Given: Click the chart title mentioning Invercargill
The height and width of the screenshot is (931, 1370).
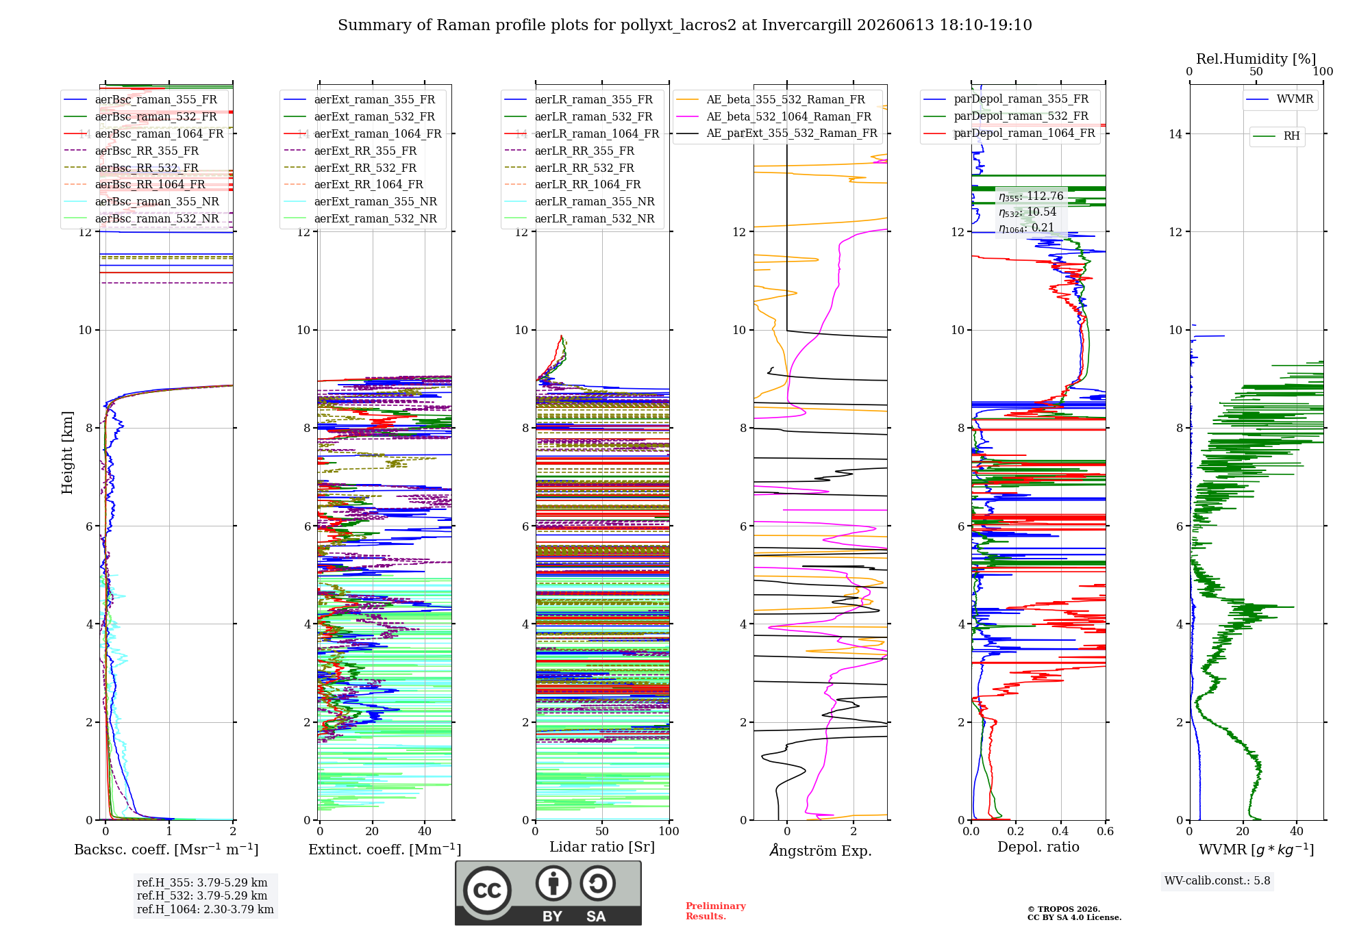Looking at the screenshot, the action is tap(685, 25).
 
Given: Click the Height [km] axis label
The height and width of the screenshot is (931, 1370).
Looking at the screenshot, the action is tap(67, 452).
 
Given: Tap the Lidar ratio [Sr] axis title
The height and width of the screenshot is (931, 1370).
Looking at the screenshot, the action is tap(602, 847).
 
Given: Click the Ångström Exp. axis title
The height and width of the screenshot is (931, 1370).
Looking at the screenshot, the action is tap(821, 850).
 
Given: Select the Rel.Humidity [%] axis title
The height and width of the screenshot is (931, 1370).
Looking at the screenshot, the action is tap(1256, 59).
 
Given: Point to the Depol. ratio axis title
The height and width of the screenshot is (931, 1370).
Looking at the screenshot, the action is tap(1038, 847).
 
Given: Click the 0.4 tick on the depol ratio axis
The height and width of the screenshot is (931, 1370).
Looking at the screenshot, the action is tap(1061, 831).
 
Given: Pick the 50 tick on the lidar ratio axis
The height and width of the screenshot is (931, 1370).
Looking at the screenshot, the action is tap(602, 831).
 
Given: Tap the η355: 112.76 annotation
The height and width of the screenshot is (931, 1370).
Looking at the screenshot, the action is tap(1031, 196).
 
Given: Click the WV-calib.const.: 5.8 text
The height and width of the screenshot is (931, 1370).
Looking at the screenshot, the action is tap(1217, 881).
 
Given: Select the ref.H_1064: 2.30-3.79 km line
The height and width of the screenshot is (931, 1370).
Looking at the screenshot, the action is tap(206, 909).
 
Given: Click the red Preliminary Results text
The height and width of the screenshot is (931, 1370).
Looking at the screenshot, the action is tap(716, 911).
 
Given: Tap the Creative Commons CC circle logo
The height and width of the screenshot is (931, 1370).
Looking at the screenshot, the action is tap(487, 890).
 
